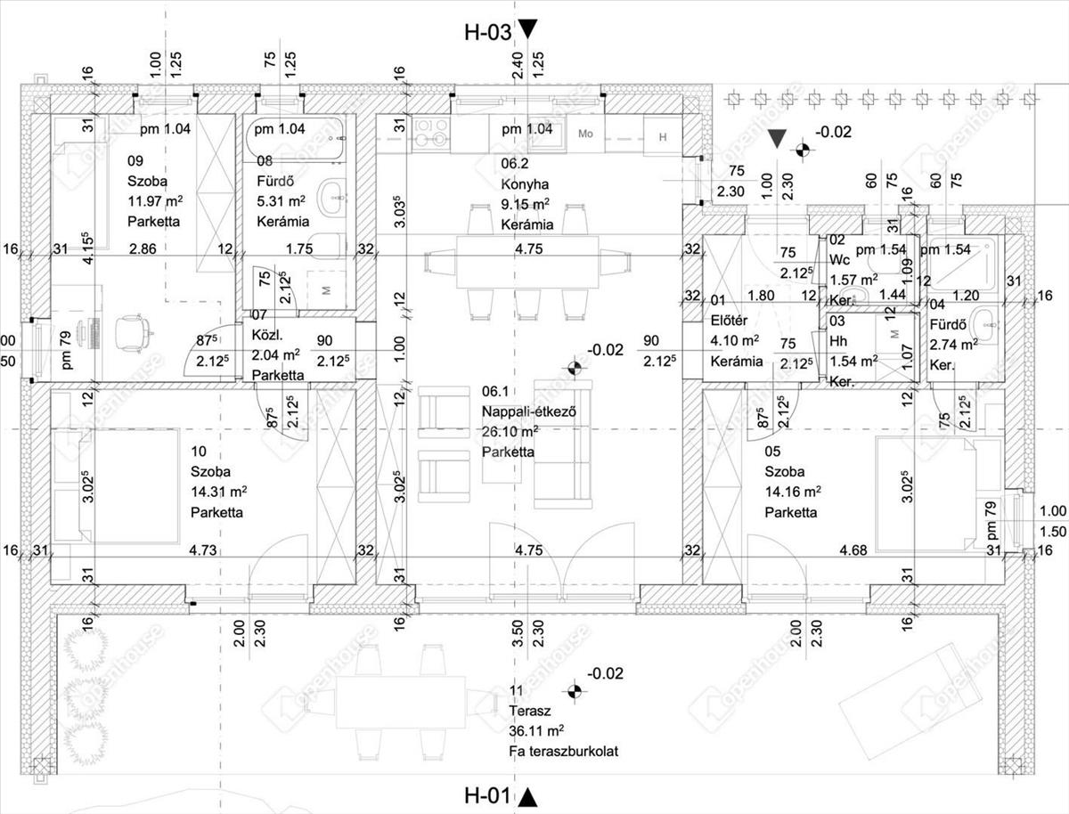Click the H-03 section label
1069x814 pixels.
click(x=488, y=32)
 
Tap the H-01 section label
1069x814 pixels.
click(x=488, y=794)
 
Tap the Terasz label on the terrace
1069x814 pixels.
click(x=532, y=712)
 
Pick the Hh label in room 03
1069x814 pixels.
click(x=837, y=341)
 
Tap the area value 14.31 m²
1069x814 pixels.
click(x=218, y=492)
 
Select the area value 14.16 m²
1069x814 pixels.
click(x=793, y=492)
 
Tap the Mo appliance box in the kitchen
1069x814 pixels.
click(x=585, y=134)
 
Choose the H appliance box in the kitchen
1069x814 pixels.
click(x=662, y=136)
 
